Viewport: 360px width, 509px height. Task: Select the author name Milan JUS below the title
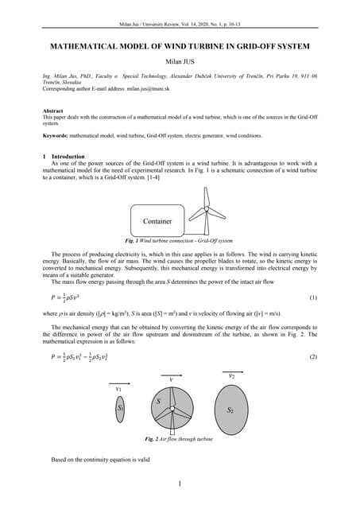point(180,62)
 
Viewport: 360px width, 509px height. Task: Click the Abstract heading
point(53,112)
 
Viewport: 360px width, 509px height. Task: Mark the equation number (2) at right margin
point(312,357)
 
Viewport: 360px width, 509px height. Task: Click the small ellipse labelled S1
point(121,407)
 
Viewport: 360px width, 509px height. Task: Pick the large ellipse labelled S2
point(230,410)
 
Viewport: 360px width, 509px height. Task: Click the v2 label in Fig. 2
point(231,375)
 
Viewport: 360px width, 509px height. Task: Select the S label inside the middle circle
point(158,402)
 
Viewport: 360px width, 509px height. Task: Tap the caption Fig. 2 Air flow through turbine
point(179,439)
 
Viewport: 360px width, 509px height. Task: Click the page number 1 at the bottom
point(180,484)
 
